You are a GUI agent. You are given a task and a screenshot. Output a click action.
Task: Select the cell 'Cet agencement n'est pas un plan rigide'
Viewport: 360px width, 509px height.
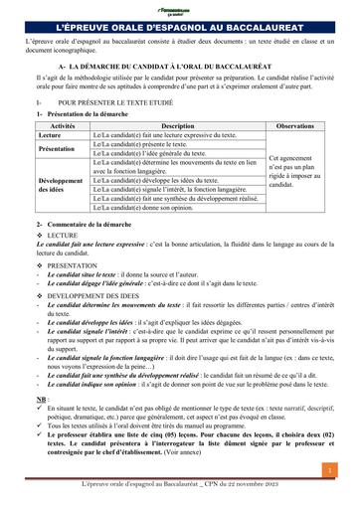coord(295,170)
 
